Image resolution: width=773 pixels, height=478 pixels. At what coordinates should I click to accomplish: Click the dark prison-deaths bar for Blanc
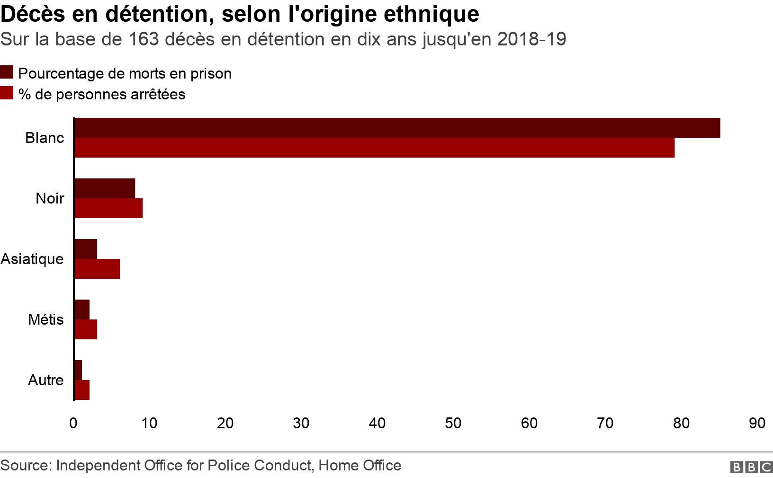pyautogui.click(x=397, y=128)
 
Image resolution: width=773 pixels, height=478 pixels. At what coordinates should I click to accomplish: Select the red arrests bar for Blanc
pyautogui.click(x=374, y=148)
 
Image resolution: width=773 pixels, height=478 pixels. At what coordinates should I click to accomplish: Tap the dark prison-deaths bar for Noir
pyautogui.click(x=105, y=188)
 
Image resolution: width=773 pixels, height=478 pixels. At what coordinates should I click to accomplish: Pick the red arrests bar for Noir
pyautogui.click(x=108, y=208)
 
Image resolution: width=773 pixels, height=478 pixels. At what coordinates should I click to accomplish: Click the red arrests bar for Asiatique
pyautogui.click(x=97, y=269)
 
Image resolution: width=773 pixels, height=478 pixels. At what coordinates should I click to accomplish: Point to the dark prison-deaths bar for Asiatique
pyautogui.click(x=86, y=249)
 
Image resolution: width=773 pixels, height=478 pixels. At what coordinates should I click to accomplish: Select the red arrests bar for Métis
pyautogui.click(x=86, y=329)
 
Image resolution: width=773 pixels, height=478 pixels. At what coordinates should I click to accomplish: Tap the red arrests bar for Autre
pyautogui.click(x=82, y=390)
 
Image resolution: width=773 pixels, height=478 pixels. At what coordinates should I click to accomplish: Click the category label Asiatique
pyautogui.click(x=32, y=259)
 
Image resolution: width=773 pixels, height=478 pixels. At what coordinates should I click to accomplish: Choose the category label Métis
pyautogui.click(x=45, y=319)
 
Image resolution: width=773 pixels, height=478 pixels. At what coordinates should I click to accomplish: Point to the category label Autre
pyautogui.click(x=45, y=380)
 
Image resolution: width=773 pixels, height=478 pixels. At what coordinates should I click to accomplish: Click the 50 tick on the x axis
pyautogui.click(x=453, y=423)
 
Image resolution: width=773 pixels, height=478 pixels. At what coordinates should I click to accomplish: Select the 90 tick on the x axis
pyautogui.click(x=757, y=423)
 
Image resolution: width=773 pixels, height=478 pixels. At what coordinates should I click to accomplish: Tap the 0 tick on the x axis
pyautogui.click(x=73, y=423)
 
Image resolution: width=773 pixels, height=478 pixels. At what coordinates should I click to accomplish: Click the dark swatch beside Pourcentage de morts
pyautogui.click(x=7, y=72)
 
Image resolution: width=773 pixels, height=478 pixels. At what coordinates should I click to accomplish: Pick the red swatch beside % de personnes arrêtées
pyautogui.click(x=7, y=93)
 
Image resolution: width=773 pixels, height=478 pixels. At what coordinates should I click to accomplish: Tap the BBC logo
pyautogui.click(x=751, y=467)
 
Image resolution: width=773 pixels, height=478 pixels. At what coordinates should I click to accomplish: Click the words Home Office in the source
pyautogui.click(x=360, y=466)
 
